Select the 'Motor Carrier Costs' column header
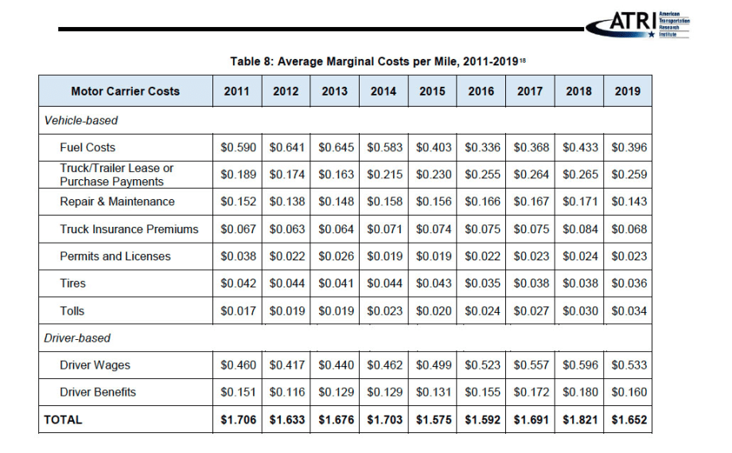pyautogui.click(x=126, y=91)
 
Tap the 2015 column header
pyautogui.click(x=432, y=91)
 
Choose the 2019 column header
pyautogui.click(x=627, y=91)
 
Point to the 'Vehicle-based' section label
pyautogui.click(x=81, y=120)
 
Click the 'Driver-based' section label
pyautogui.click(x=77, y=338)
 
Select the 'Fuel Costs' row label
pyautogui.click(x=88, y=147)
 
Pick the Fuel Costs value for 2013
pyautogui.click(x=335, y=147)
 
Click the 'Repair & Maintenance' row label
pyautogui.click(x=117, y=201)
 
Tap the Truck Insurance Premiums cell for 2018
pyautogui.click(x=578, y=229)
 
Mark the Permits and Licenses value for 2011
pyautogui.click(x=237, y=256)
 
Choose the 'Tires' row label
pyautogui.click(x=72, y=283)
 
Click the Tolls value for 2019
pyautogui.click(x=628, y=310)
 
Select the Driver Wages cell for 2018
pyautogui.click(x=578, y=365)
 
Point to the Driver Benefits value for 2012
pyautogui.click(x=286, y=392)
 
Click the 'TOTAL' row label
pyautogui.click(x=63, y=419)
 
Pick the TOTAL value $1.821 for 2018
pyautogui.click(x=578, y=419)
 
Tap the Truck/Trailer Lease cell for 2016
pyautogui.click(x=481, y=174)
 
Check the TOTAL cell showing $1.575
pyautogui.click(x=432, y=419)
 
